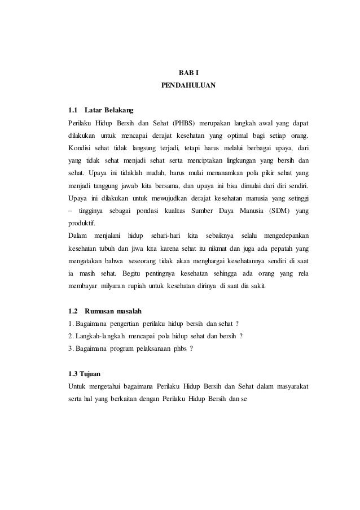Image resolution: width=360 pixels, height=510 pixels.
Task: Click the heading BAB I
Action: (188, 73)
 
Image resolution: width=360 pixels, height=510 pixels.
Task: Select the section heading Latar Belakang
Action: (108, 110)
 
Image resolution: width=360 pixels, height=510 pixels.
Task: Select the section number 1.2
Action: (73, 311)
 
